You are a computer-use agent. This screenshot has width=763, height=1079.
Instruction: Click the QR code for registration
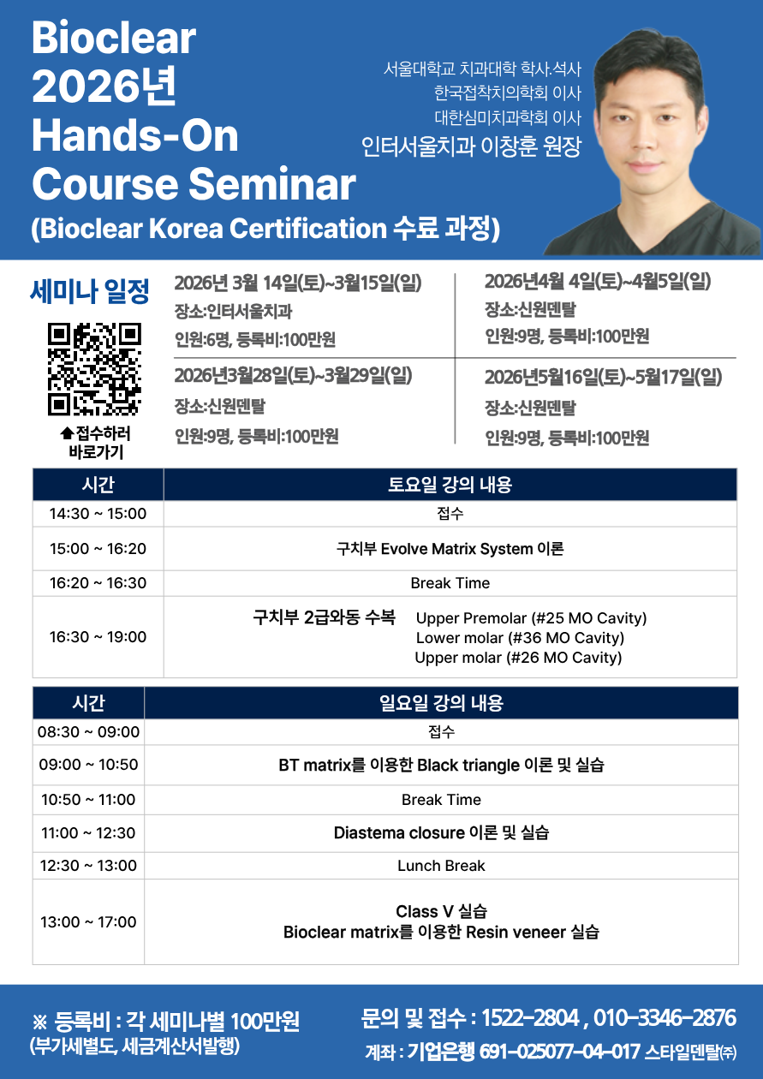94,369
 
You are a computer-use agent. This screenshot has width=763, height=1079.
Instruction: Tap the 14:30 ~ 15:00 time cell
98,514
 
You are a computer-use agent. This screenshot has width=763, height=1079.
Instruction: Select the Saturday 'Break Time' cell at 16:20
450,583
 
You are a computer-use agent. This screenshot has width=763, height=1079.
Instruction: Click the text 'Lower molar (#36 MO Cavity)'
520,638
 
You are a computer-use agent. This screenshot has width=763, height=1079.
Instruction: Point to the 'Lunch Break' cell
441,866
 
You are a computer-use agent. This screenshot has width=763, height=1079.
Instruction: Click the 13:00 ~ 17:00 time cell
89,922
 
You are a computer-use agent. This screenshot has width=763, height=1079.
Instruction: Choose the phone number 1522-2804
530,1018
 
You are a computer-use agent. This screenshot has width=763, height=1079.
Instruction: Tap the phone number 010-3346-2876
665,1018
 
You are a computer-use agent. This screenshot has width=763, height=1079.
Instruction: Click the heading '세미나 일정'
90,291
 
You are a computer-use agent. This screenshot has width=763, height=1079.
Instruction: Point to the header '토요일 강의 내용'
450,485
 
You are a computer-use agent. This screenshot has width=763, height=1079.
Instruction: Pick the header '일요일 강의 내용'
441,703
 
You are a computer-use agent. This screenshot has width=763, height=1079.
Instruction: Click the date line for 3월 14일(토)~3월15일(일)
298,283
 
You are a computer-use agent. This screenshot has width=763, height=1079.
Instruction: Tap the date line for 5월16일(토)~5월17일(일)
603,377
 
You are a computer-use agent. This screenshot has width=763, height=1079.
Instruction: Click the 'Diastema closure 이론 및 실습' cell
441,833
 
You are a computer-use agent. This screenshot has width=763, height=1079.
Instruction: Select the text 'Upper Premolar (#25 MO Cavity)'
531,618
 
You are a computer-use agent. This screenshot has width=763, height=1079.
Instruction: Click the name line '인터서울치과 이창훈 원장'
472,146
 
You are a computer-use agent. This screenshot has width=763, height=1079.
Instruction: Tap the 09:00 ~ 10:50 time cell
89,765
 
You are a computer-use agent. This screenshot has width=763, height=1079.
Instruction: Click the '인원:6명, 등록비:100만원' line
255,340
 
